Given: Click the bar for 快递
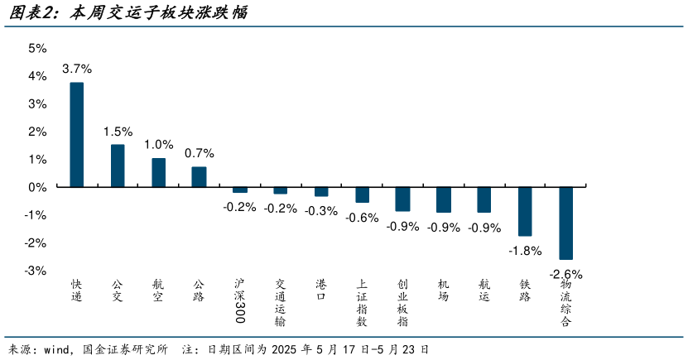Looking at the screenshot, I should pyautogui.click(x=76, y=135).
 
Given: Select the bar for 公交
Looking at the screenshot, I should pyautogui.click(x=118, y=166).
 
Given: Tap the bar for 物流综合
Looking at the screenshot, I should pyautogui.click(x=566, y=223).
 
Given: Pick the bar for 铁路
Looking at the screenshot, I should pyautogui.click(x=525, y=211).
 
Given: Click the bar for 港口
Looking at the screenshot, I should pyautogui.click(x=321, y=191).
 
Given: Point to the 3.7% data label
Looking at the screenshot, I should pyautogui.click(x=76, y=69).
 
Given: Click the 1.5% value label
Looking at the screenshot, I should pyautogui.click(x=118, y=131).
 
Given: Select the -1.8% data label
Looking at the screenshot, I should pyautogui.click(x=525, y=250).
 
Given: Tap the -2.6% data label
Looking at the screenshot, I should pyautogui.click(x=566, y=274).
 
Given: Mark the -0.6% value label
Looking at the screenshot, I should pyautogui.click(x=362, y=217).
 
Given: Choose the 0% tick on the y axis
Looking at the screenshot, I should pyautogui.click(x=38, y=187).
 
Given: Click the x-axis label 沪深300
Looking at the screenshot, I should pyautogui.click(x=239, y=300).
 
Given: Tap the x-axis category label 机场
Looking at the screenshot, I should pyautogui.click(x=443, y=290).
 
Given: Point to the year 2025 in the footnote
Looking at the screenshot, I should pyautogui.click(x=286, y=348).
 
